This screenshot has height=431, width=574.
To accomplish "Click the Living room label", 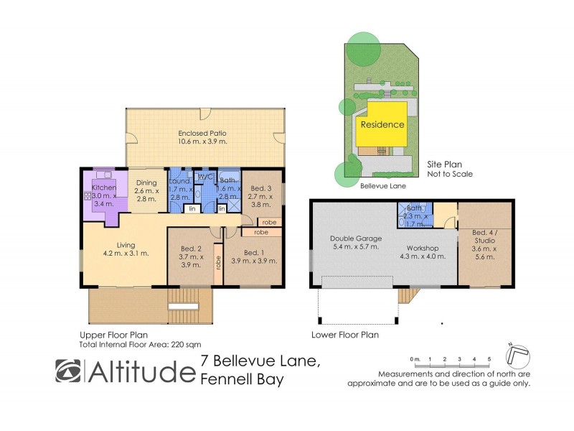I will pos(126,248).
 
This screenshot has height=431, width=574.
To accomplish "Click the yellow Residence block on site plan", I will pos(382,124).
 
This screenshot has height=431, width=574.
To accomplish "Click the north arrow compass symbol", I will pos(517,354).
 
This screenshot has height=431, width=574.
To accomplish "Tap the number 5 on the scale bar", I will pos(489,358).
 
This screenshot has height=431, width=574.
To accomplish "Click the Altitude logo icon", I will pos(70,371).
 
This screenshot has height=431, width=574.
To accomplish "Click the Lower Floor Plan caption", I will pos(344,335).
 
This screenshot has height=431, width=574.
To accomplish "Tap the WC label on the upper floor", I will pos(205,177).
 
